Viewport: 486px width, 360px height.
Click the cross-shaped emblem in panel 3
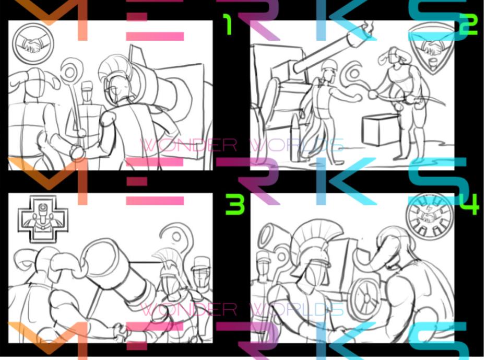[36, 219]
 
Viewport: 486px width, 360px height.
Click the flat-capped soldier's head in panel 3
[201, 270]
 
